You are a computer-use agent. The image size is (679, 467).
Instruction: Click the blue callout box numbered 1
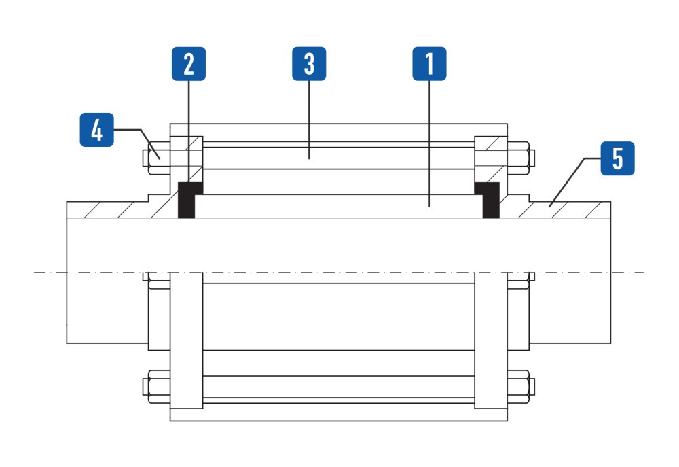tap(429, 64)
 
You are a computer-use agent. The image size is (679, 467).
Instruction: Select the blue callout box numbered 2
tap(189, 64)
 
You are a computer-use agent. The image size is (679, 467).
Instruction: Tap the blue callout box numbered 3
tap(309, 64)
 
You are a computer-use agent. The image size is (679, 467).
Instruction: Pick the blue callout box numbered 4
tap(97, 130)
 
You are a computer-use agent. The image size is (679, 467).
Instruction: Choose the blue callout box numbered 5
tap(617, 158)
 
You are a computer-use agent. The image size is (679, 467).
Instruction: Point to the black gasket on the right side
tap(488, 200)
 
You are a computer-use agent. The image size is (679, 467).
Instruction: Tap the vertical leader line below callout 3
tap(309, 120)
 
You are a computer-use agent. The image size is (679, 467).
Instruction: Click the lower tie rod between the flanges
tap(339, 386)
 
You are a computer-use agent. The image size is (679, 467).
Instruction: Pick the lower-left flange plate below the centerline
tap(186, 341)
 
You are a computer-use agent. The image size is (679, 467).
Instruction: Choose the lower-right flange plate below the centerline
tap(491, 341)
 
